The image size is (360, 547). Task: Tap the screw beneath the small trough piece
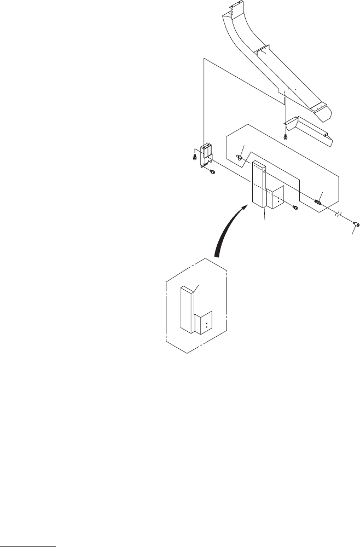pos(285,136)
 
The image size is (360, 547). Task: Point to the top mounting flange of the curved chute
pos(235,9)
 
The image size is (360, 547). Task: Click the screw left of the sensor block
pos(195,157)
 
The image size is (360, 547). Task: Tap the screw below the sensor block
pos(212,172)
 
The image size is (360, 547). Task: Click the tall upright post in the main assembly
pos(258,186)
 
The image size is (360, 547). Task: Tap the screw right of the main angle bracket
pos(295,207)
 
